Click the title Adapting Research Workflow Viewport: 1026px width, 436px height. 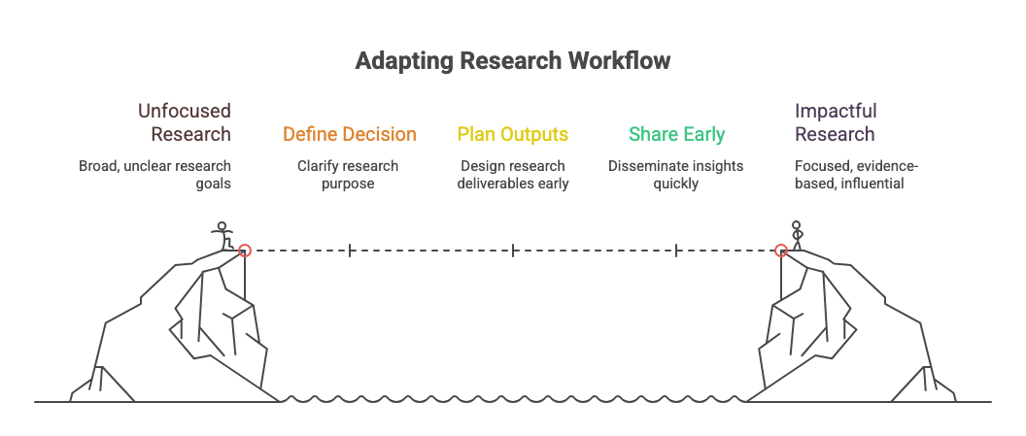[x=512, y=61]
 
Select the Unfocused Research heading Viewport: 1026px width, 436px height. [x=184, y=122]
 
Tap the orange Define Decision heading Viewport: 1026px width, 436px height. [x=349, y=134]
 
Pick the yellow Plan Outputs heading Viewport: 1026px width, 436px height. [x=512, y=134]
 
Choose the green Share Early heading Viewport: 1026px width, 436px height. [x=676, y=134]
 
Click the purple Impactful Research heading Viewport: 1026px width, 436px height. [x=835, y=122]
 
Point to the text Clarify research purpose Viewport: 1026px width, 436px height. [x=348, y=174]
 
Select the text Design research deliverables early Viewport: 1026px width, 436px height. [x=512, y=174]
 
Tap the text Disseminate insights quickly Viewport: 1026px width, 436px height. [x=676, y=174]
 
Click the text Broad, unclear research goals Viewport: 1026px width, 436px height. [x=155, y=174]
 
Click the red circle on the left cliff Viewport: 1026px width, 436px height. [x=245, y=251]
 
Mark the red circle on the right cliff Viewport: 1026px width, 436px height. [x=780, y=251]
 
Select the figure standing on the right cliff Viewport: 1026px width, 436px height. [x=798, y=236]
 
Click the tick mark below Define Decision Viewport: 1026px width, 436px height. [x=349, y=251]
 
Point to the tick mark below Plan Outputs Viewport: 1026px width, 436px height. [x=512, y=251]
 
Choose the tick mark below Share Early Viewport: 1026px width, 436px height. [x=676, y=251]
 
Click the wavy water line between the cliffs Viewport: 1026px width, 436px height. [x=512, y=398]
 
